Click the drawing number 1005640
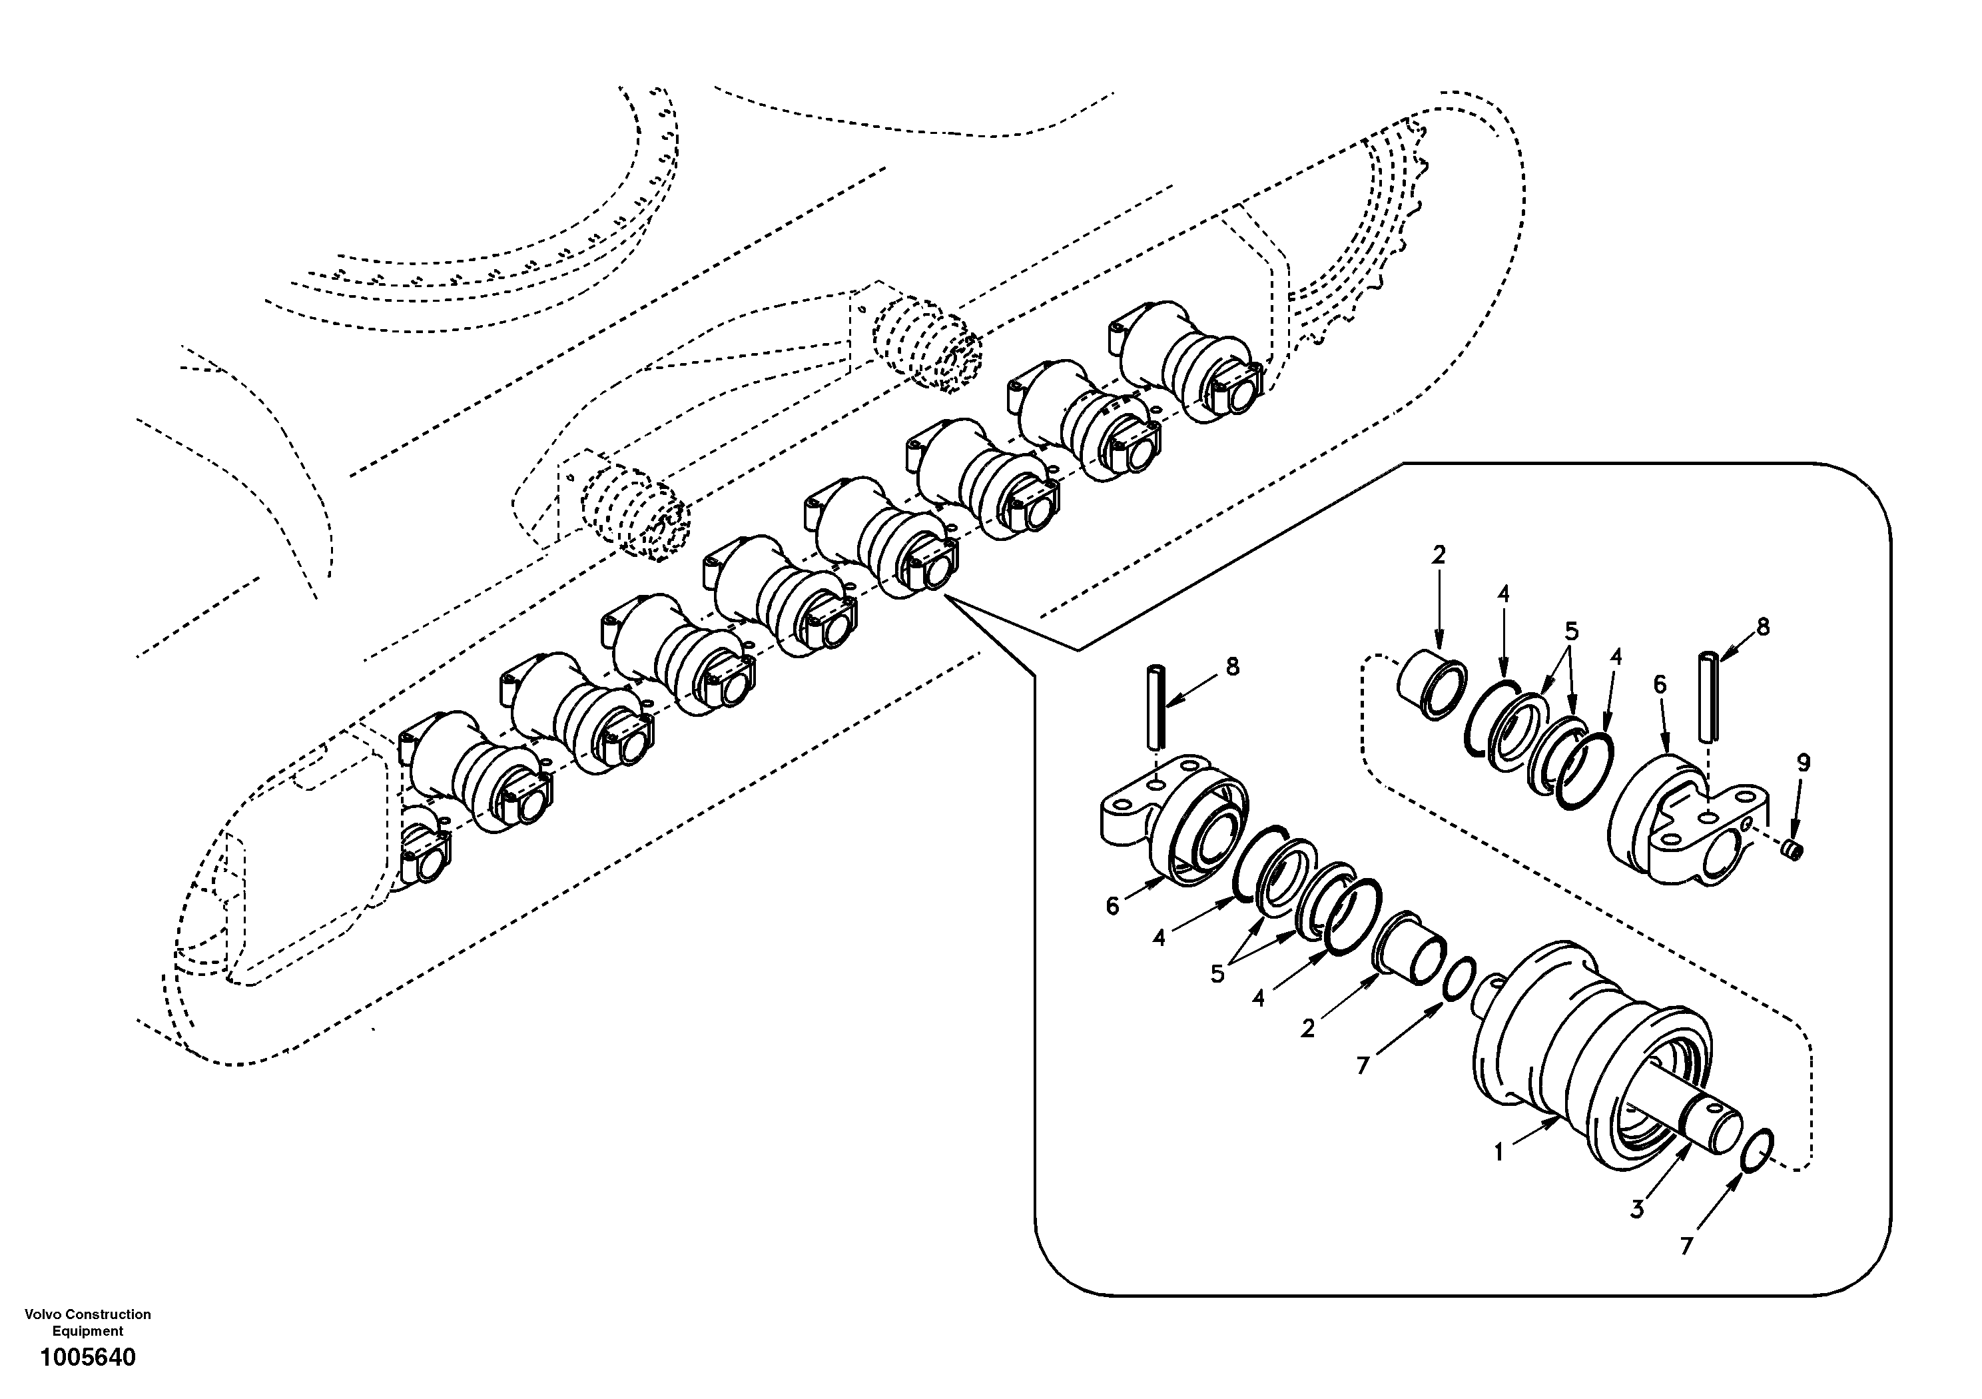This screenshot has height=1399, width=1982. pos(88,1358)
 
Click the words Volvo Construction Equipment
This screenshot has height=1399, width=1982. pos(88,1322)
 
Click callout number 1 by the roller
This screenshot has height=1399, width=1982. pos(1499,1152)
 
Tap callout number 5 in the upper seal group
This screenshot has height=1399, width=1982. pos(1571,632)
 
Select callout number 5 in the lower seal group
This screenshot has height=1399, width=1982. pos(1218,974)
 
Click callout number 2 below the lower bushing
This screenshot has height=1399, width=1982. pos(1308,1029)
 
